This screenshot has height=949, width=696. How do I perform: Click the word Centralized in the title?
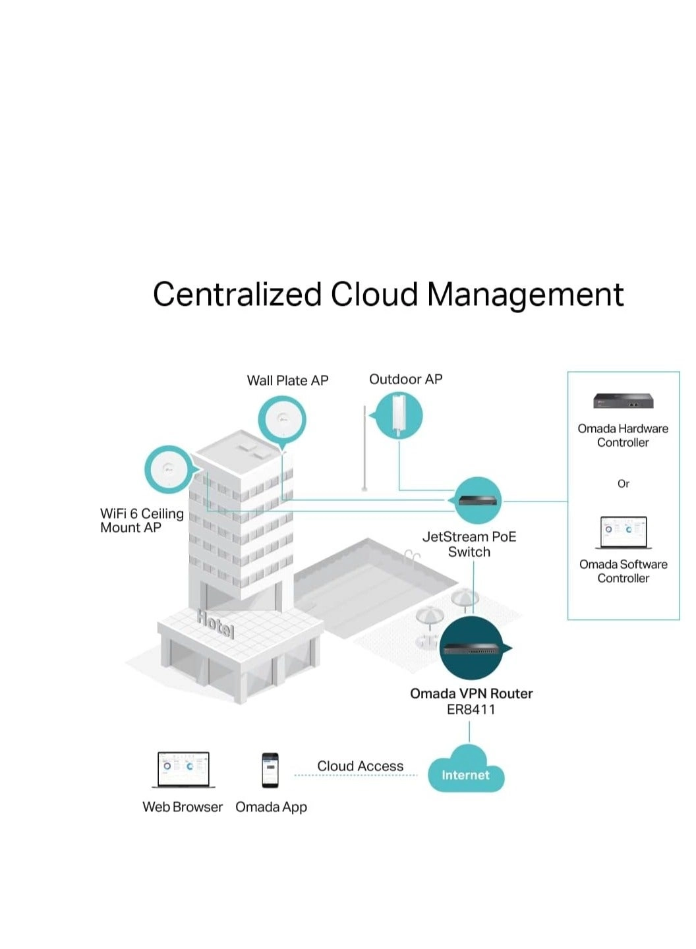pyautogui.click(x=237, y=295)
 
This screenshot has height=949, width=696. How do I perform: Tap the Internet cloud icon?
pyautogui.click(x=466, y=772)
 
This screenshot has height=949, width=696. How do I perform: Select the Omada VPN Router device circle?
pyautogui.click(x=472, y=648)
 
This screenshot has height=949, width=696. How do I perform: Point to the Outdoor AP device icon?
pyautogui.click(x=399, y=415)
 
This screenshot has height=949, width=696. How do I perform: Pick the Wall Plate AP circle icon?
pyautogui.click(x=282, y=418)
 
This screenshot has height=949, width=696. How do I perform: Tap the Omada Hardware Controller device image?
pyautogui.click(x=623, y=401)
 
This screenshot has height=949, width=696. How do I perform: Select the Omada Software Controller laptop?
pyautogui.click(x=623, y=532)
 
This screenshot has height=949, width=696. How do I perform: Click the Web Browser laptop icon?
pyautogui.click(x=184, y=769)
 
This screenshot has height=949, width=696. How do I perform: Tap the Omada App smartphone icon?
pyautogui.click(x=270, y=770)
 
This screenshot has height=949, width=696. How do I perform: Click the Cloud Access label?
pyautogui.click(x=360, y=766)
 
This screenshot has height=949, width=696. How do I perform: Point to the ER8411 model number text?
pyautogui.click(x=471, y=710)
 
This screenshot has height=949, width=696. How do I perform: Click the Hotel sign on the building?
pyautogui.click(x=216, y=623)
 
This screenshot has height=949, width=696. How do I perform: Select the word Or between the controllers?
pyautogui.click(x=623, y=484)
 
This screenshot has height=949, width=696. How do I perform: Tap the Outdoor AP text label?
pyautogui.click(x=405, y=379)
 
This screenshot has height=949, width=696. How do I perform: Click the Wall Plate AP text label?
pyautogui.click(x=287, y=380)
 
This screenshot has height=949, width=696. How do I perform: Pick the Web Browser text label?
pyautogui.click(x=183, y=807)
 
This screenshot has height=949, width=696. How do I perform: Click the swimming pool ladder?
pyautogui.click(x=413, y=558)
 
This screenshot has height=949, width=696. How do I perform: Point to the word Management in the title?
pyautogui.click(x=525, y=295)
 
